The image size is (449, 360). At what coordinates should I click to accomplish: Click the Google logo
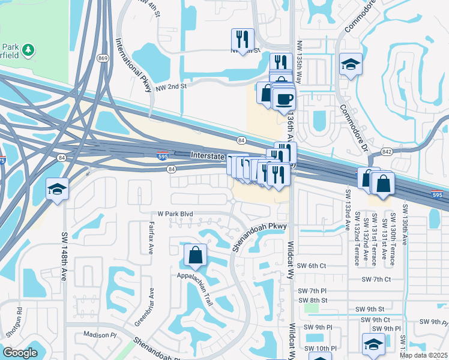point(20,352)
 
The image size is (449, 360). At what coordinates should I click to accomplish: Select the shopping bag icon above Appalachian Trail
point(195,256)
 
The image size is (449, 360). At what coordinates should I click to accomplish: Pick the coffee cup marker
point(283,98)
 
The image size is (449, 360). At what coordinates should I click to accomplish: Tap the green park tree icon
point(28,49)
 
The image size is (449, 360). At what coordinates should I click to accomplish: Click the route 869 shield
point(103,58)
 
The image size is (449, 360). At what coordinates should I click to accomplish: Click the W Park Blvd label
point(175,214)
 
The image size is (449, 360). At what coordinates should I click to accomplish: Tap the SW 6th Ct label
point(315,265)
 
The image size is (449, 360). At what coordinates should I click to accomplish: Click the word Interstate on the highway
point(207,155)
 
